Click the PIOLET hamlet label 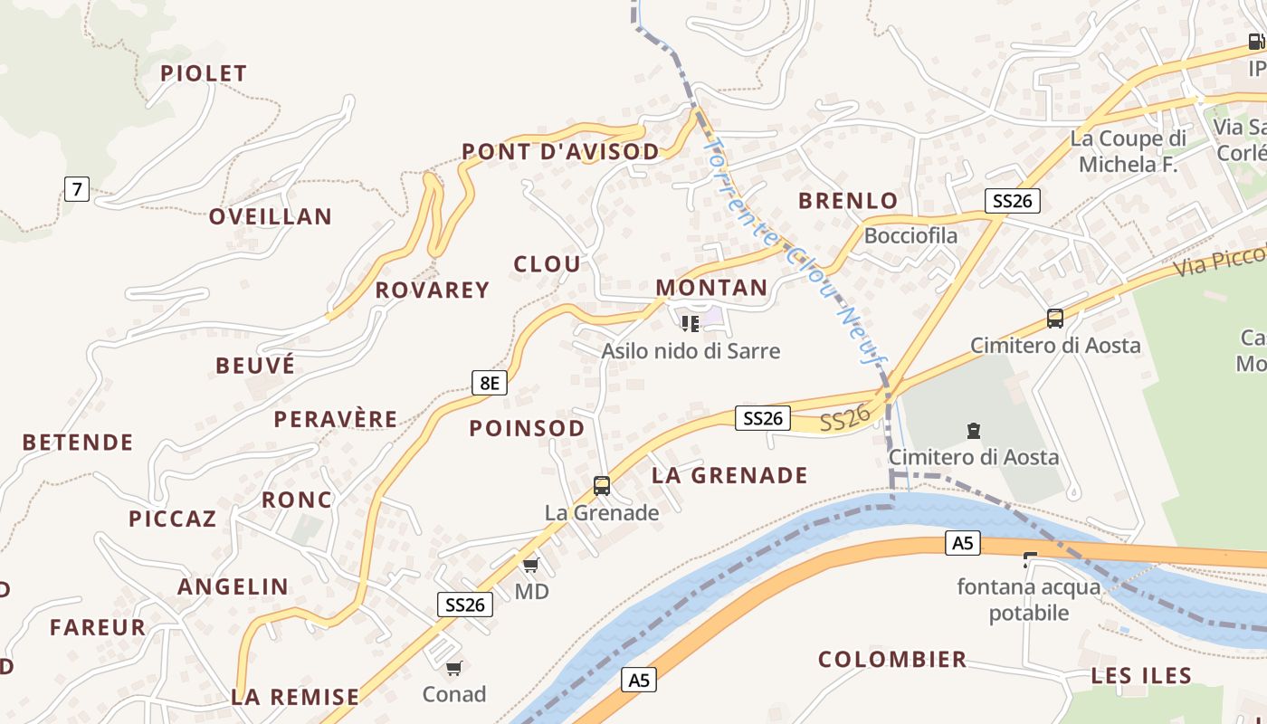click(x=204, y=73)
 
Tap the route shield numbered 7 click(x=77, y=189)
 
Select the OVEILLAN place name click(x=271, y=216)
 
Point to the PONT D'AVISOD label click(x=561, y=152)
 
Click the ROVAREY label click(x=433, y=290)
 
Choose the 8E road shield click(x=489, y=383)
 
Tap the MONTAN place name click(x=711, y=288)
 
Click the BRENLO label click(x=848, y=200)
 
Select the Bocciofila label click(x=910, y=235)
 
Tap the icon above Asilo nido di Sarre click(x=691, y=323)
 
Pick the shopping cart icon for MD click(x=531, y=566)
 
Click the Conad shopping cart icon click(x=453, y=669)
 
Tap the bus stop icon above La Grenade click(x=602, y=486)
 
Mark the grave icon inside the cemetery click(x=973, y=431)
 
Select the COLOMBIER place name click(x=892, y=659)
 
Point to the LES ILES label click(x=1141, y=675)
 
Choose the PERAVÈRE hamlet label click(x=336, y=419)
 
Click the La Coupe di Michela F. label click(x=1128, y=151)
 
